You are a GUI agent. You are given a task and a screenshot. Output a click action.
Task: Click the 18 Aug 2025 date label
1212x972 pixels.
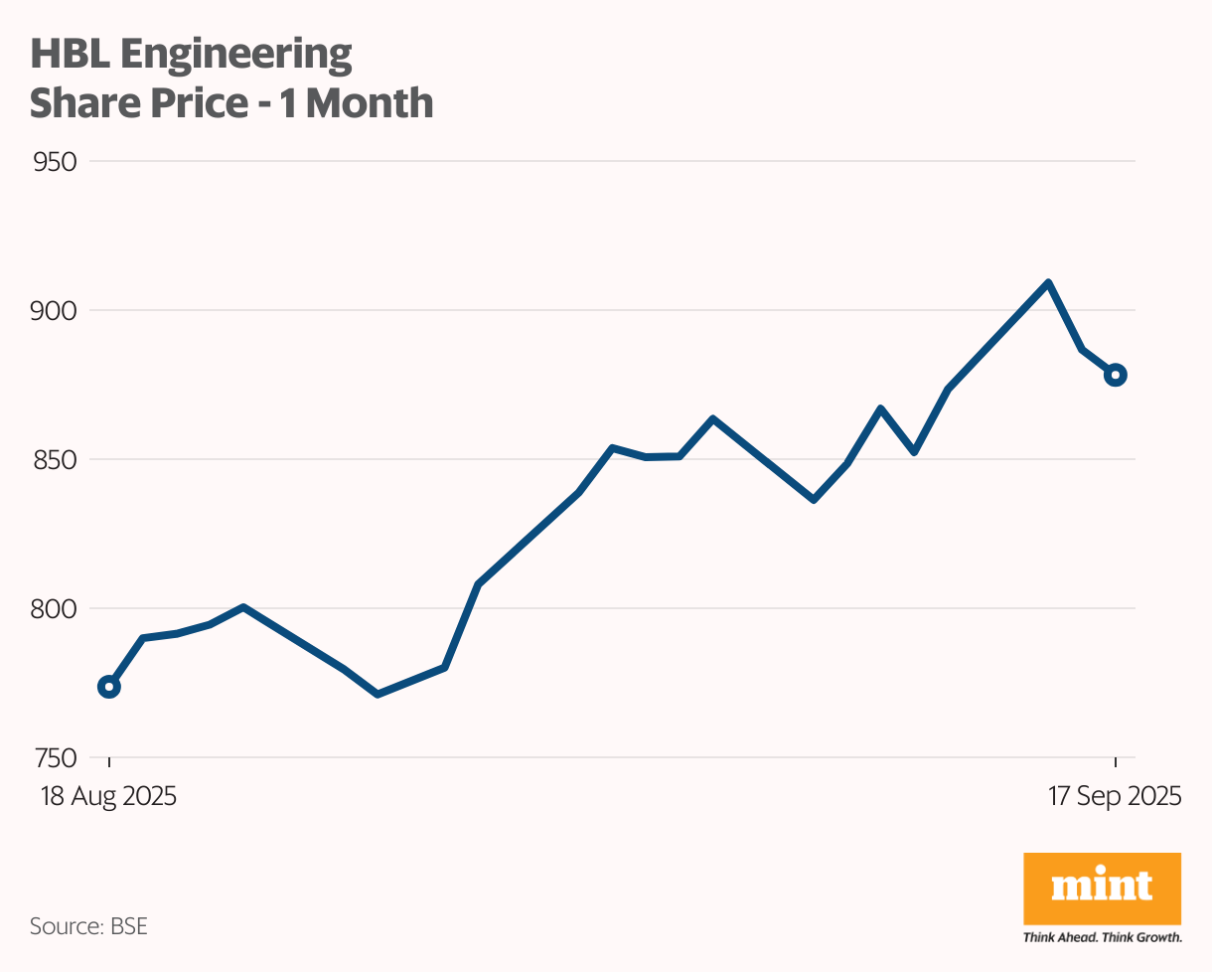[x=108, y=796]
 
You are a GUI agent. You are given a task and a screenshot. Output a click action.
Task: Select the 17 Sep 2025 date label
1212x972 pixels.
[x=1114, y=796]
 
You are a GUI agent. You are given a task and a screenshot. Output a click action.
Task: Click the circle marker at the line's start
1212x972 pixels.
[x=109, y=687]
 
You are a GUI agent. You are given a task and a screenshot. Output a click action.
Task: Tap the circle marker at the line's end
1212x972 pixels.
[x=1115, y=375]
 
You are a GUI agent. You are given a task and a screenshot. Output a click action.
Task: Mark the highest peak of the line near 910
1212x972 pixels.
[x=1048, y=283]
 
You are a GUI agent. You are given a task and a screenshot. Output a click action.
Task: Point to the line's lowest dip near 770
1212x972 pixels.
[x=377, y=693]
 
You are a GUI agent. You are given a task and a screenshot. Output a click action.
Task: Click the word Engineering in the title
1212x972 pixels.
[x=236, y=55]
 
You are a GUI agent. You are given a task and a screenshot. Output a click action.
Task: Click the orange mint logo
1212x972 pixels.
[x=1102, y=888]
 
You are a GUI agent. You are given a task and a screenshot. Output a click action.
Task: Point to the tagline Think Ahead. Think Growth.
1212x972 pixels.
[x=1102, y=937]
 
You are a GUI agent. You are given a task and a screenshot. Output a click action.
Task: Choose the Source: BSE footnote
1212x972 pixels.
[x=88, y=926]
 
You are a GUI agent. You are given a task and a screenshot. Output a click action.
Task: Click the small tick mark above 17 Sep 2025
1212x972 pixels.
[x=1115, y=762]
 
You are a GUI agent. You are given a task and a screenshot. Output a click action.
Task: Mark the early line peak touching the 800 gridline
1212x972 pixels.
[x=243, y=607]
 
